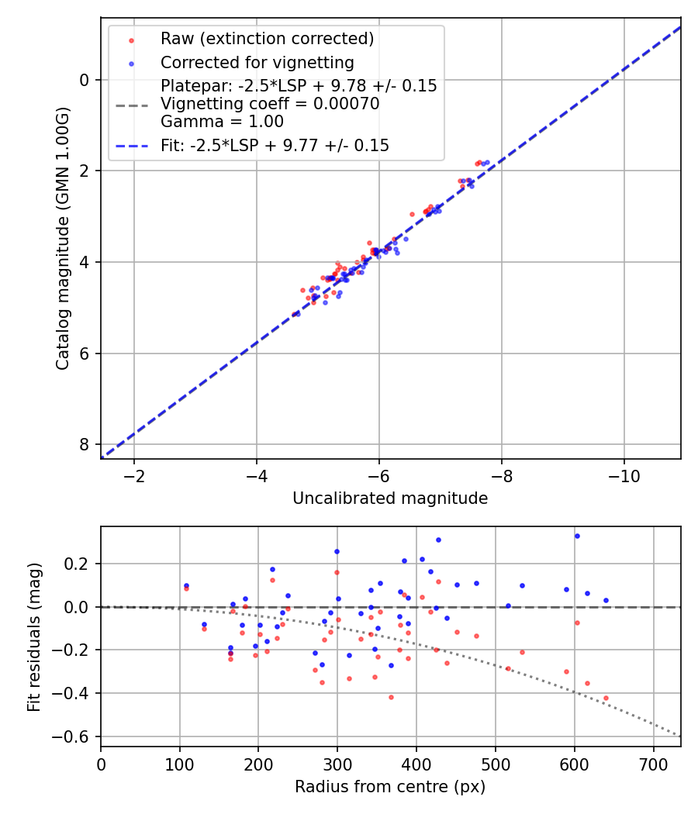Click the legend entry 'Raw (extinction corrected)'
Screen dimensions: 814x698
coord(267,39)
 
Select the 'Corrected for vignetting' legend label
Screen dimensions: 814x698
coord(257,63)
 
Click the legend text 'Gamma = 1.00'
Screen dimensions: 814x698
coord(222,122)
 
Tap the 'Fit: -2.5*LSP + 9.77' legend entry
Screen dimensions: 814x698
coord(275,145)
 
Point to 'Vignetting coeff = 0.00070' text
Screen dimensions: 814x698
coord(270,104)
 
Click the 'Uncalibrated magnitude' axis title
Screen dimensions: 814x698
coord(390,498)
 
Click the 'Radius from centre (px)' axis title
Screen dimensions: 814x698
coord(390,787)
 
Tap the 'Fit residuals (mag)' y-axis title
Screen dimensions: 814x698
coord(34,637)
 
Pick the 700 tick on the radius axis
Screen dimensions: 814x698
coord(653,764)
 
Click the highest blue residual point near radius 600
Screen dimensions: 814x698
coord(577,536)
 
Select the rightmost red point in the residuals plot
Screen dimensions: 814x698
coord(606,698)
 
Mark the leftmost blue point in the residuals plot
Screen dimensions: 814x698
coord(186,585)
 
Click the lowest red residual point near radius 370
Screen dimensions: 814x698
coord(391,697)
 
